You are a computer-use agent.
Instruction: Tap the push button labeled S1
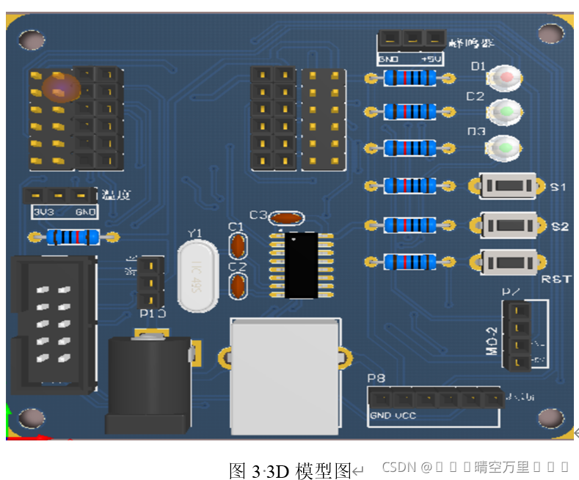click(507, 186)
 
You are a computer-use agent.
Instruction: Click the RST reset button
click(507, 262)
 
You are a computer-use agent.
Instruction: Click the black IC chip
click(302, 265)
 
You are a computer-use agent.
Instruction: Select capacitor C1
click(237, 244)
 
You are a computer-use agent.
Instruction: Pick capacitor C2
click(237, 287)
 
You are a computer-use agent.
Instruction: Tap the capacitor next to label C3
click(286, 217)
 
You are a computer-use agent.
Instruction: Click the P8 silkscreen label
click(376, 379)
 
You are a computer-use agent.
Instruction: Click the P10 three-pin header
click(150, 282)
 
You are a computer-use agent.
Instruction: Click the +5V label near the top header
click(431, 59)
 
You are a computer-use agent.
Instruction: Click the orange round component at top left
click(60, 86)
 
